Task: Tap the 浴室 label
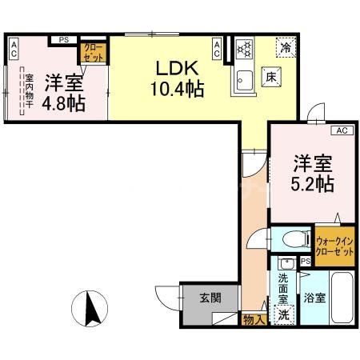coord(314,299)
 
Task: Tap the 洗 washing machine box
coord(284,314)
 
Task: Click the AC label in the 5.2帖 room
coord(340,130)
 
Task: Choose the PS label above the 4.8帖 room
coord(63,38)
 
